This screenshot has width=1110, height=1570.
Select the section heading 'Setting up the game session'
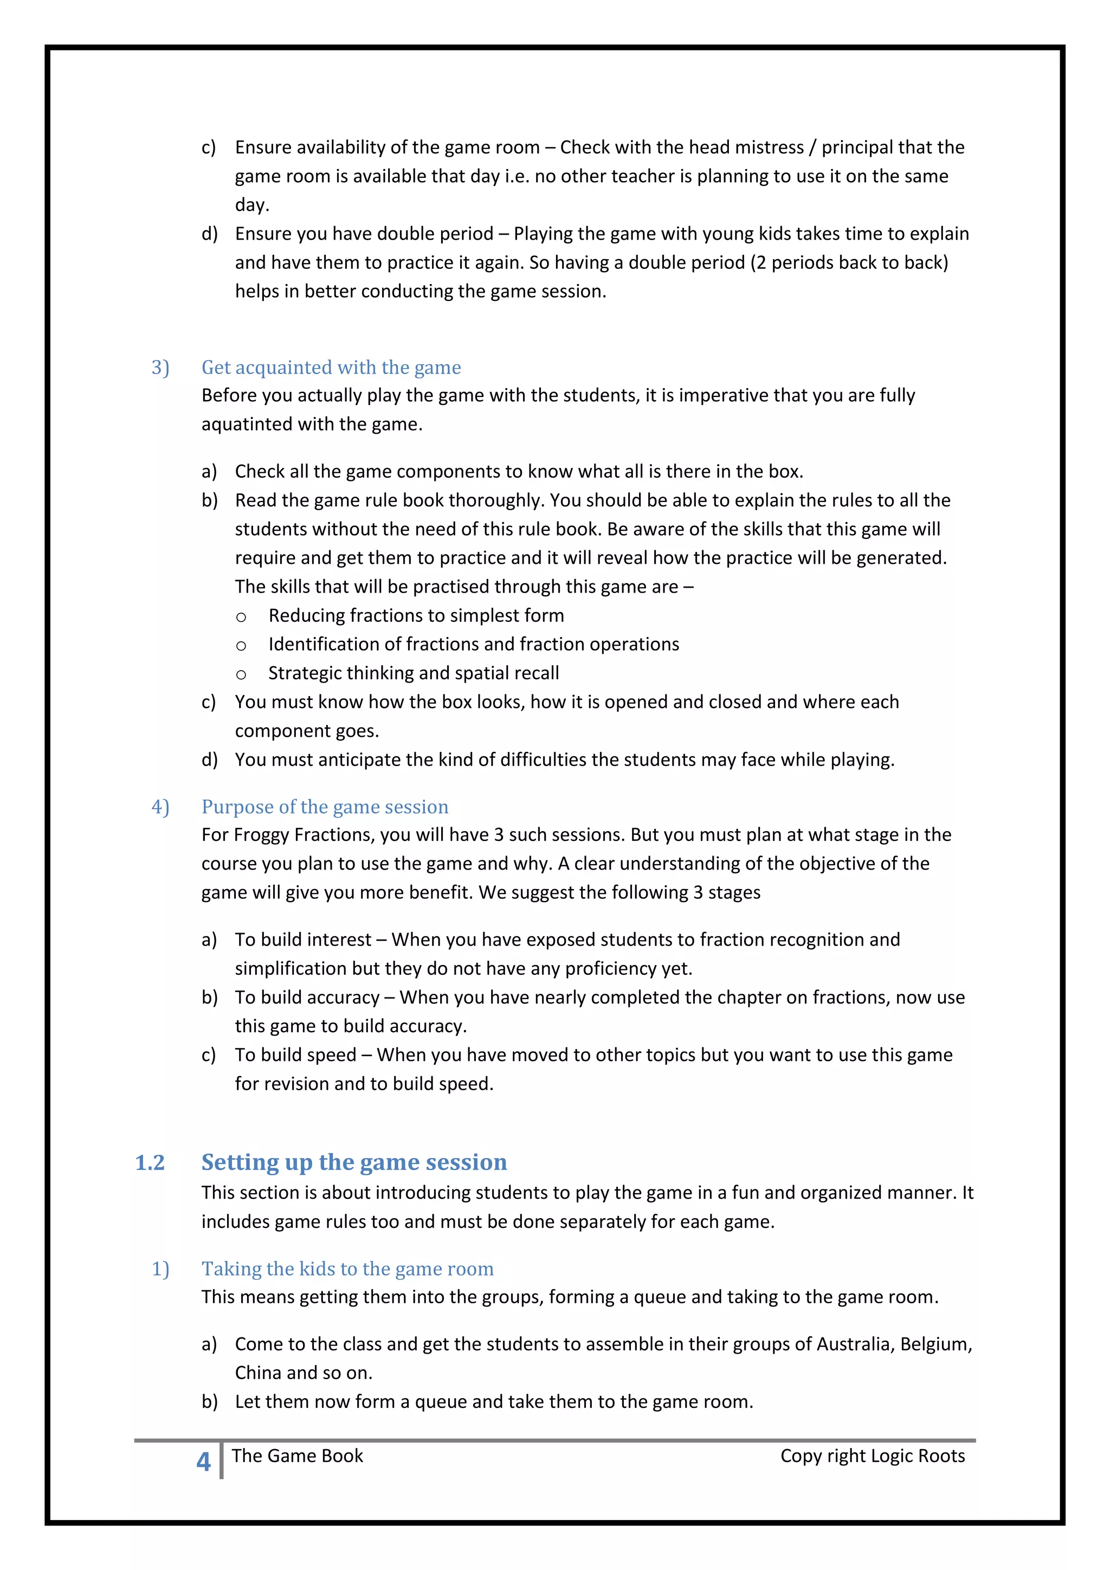click(354, 1162)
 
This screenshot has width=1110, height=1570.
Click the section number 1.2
click(150, 1162)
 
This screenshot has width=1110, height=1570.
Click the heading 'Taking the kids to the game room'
click(347, 1269)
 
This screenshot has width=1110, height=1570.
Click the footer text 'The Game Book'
click(298, 1456)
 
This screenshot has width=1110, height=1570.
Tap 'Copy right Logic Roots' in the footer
click(872, 1456)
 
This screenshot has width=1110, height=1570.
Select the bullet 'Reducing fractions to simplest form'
click(416, 615)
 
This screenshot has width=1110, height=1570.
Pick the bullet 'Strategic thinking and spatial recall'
click(414, 673)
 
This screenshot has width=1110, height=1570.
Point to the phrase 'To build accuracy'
click(307, 997)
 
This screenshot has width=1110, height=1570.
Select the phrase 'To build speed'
click(295, 1055)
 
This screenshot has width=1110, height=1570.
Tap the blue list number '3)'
click(160, 368)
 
